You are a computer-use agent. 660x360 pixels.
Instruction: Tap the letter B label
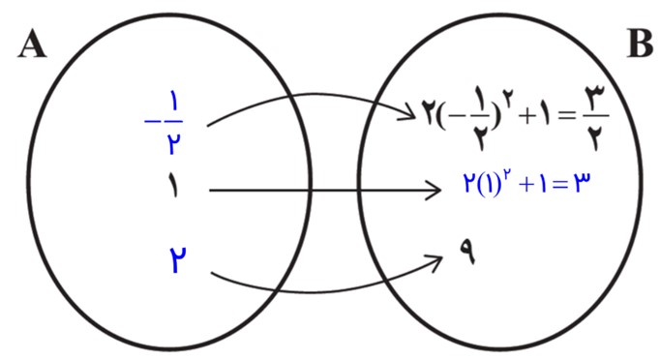(641, 44)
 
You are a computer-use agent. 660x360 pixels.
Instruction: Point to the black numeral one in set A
(172, 185)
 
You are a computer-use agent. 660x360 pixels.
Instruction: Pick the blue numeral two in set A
(178, 259)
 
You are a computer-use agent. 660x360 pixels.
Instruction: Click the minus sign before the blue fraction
(152, 122)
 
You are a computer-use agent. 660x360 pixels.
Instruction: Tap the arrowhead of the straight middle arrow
(432, 191)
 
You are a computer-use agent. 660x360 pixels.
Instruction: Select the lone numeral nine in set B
(467, 251)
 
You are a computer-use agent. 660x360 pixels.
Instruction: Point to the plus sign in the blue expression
(527, 185)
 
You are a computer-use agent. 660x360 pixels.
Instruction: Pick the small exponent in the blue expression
(508, 174)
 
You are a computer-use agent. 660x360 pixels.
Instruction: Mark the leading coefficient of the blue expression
(469, 184)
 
